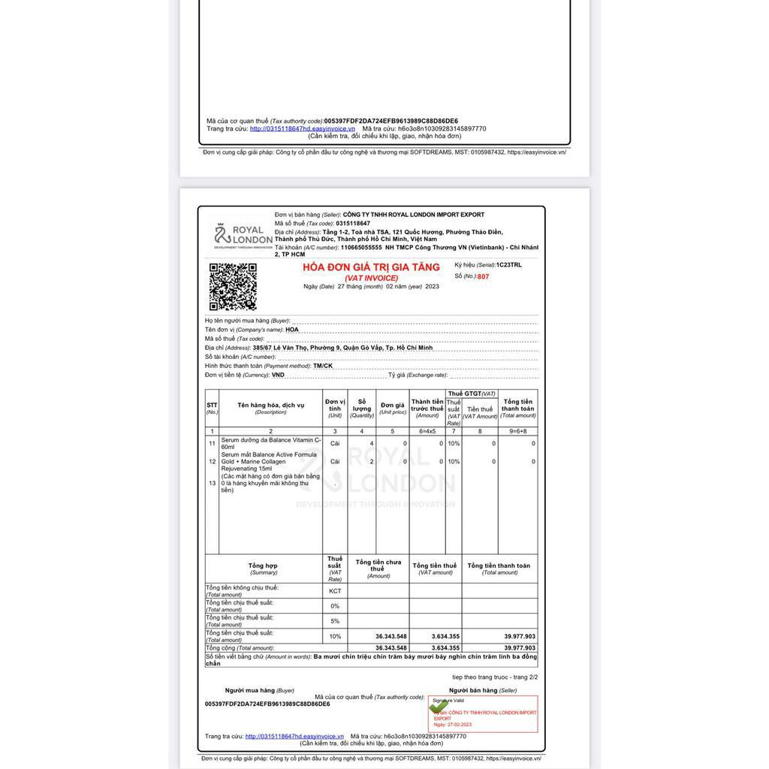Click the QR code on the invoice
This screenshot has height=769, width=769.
click(x=233, y=286)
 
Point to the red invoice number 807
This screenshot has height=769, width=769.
click(x=483, y=277)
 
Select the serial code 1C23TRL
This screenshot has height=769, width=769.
click(x=508, y=265)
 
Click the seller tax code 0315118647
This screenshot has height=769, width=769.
click(x=353, y=224)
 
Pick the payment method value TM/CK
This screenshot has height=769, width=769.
click(x=323, y=366)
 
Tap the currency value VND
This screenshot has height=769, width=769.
click(x=278, y=375)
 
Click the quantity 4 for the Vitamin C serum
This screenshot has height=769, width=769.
click(x=371, y=444)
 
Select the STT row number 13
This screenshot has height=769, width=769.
click(x=212, y=484)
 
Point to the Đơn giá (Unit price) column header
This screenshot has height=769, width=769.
click(x=392, y=409)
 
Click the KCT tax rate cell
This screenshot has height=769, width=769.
click(x=335, y=591)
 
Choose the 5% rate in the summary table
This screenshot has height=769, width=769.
click(x=335, y=621)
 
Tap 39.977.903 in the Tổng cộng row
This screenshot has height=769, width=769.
click(x=520, y=647)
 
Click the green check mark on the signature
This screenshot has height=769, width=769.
click(x=436, y=707)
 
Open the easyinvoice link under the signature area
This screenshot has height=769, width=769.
click(x=294, y=737)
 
